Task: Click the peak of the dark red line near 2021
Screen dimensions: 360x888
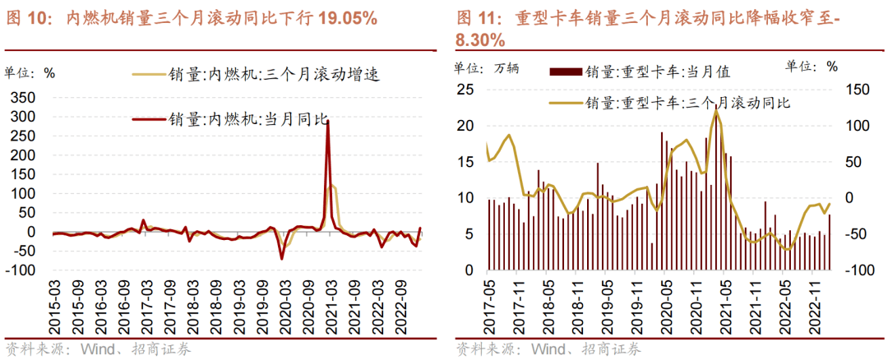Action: point(328,122)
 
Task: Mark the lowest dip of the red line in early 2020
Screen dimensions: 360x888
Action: point(282,259)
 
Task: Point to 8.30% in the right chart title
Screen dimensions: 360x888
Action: point(481,39)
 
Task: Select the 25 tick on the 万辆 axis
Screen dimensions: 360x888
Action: point(465,90)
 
